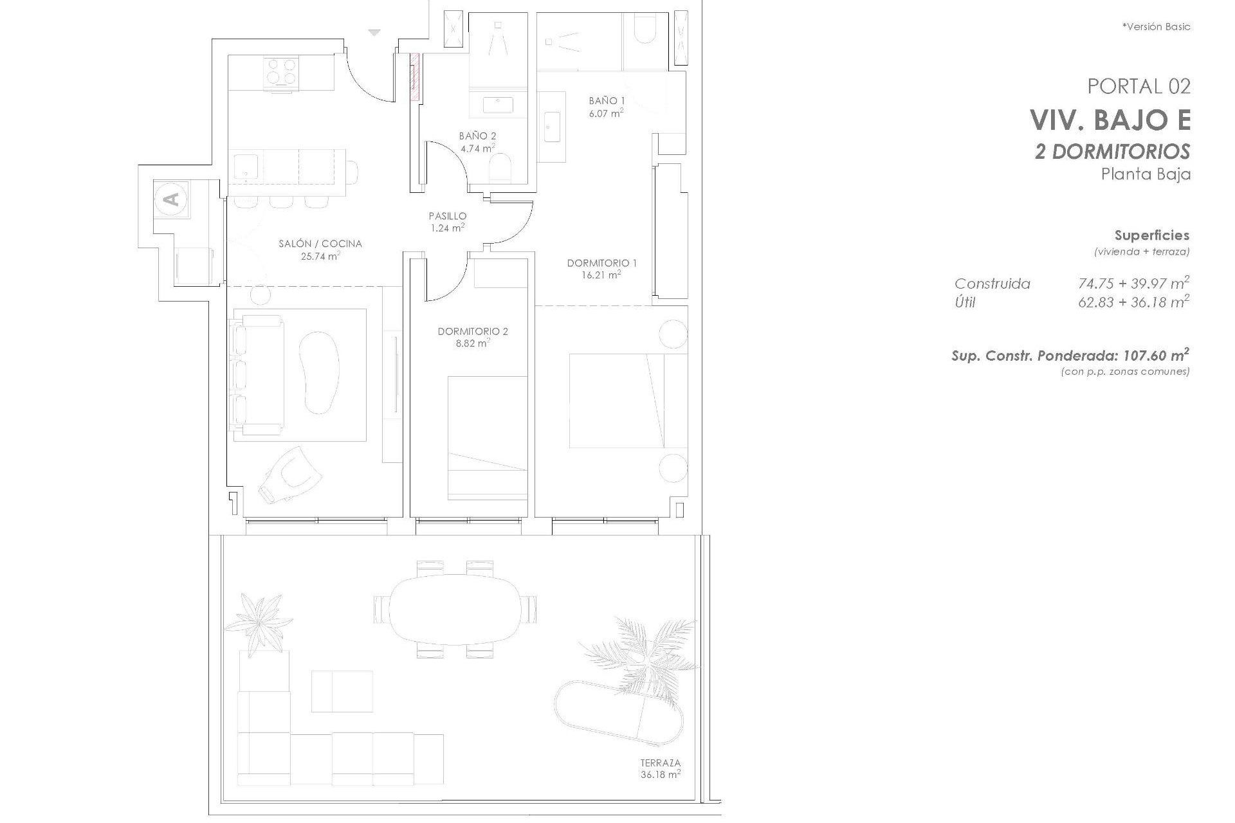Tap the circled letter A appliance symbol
tap(171, 199)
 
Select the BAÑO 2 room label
tap(477, 136)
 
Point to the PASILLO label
tap(448, 217)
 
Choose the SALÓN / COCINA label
tap(320, 244)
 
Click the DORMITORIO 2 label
tap(473, 332)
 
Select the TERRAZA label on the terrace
tap(660, 763)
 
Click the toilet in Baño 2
tap(500, 168)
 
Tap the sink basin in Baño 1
tap(551, 126)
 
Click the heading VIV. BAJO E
tap(1110, 120)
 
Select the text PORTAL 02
tap(1139, 86)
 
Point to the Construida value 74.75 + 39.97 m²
tap(1133, 283)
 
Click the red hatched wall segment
tap(416, 77)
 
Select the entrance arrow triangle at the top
tap(374, 32)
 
